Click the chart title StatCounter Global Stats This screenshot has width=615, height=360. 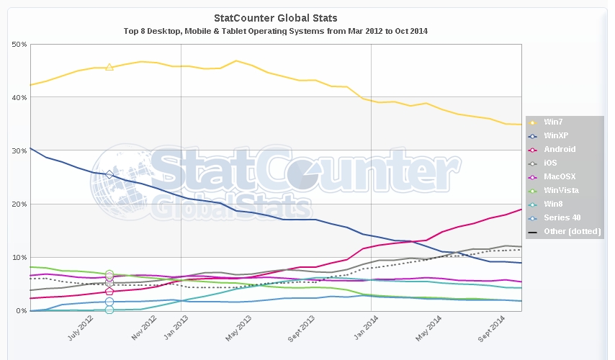tap(276, 17)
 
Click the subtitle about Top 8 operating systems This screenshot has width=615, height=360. tap(276, 31)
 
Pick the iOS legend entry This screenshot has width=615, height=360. tap(550, 163)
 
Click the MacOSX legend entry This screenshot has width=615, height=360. tap(559, 177)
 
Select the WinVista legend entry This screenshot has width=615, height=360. tap(561, 191)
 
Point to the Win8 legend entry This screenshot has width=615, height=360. tap(553, 204)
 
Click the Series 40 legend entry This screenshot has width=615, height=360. tap(562, 217)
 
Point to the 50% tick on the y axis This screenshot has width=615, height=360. tap(20, 45)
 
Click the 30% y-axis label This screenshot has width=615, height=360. tap(20, 151)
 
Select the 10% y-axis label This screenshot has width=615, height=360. tap(20, 258)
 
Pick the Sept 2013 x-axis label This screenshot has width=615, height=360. tap(304, 330)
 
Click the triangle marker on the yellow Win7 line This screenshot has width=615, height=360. tap(109, 67)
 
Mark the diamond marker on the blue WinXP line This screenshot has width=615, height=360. tap(109, 174)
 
